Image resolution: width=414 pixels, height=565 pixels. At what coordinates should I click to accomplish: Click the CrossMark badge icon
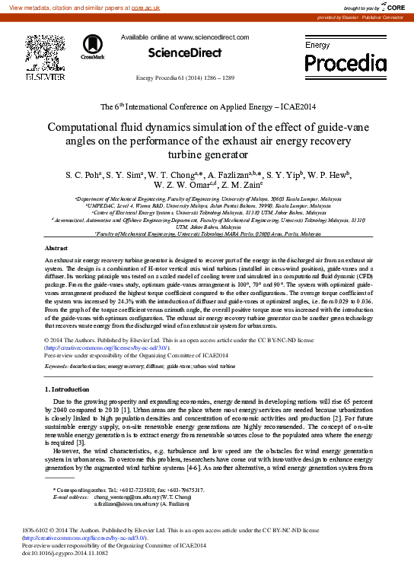point(92,46)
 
